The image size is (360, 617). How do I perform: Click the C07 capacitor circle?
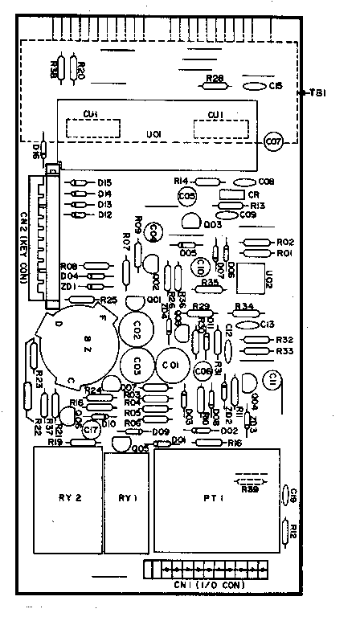point(273,142)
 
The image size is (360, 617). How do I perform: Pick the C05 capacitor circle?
point(186,195)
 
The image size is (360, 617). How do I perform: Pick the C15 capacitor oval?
point(254,85)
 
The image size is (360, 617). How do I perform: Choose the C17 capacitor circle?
point(92,431)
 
